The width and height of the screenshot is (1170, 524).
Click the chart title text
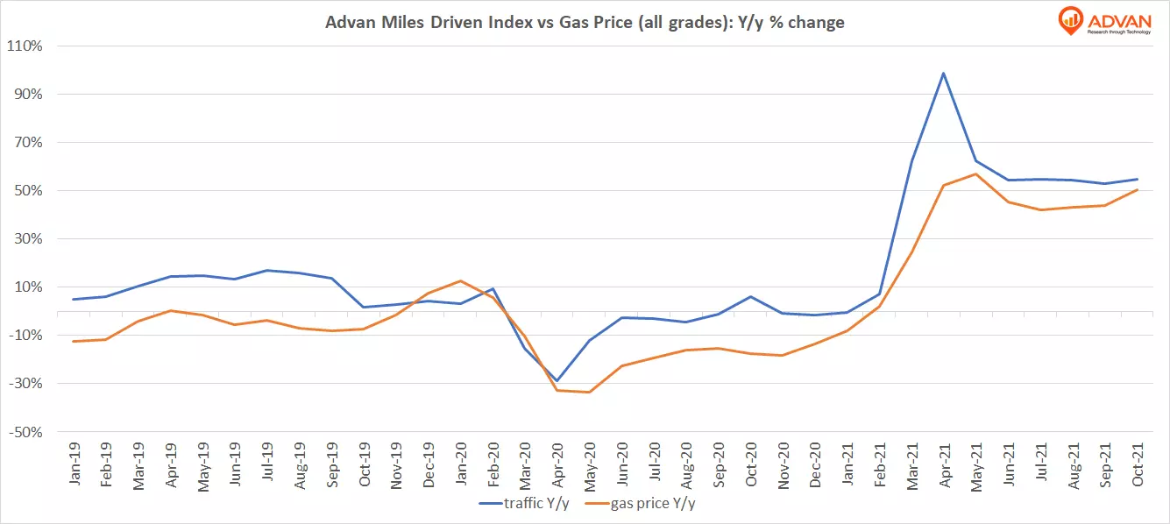[x=585, y=23]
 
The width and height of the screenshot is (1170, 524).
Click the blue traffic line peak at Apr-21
[x=943, y=73]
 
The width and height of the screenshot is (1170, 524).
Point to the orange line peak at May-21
[x=975, y=173]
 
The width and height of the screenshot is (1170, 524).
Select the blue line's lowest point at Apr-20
[x=556, y=381]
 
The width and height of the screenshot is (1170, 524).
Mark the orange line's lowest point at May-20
[x=588, y=392]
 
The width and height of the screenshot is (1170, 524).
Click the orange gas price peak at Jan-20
[x=459, y=280]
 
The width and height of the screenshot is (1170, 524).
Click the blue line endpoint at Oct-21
[x=1137, y=179]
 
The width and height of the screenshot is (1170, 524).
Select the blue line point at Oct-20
[x=749, y=296]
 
